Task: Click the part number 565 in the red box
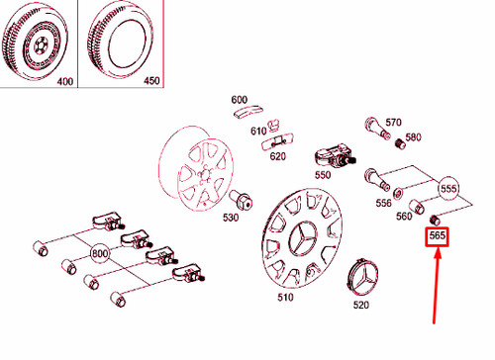point(437,237)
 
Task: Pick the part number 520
point(360,306)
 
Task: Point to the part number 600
point(240,100)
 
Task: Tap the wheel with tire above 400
point(37,40)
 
